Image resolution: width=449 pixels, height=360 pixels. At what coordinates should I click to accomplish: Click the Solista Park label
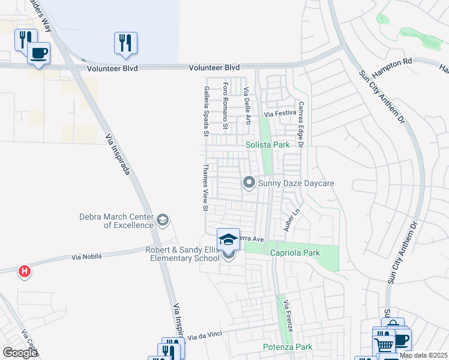coord(268,145)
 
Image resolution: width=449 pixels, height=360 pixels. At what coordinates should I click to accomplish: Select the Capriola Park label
coord(294,253)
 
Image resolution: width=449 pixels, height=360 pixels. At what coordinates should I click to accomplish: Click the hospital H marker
coord(24,272)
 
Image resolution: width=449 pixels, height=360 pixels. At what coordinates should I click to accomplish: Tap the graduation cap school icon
coord(228,240)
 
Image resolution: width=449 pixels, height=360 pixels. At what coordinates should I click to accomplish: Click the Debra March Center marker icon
coord(162,221)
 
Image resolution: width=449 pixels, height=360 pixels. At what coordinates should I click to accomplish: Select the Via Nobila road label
coord(86,257)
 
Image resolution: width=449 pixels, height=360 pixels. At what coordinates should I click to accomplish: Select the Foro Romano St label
coord(225,105)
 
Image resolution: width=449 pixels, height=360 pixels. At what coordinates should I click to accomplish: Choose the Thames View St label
coord(205,188)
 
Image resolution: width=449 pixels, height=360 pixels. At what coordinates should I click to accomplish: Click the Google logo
coord(20,352)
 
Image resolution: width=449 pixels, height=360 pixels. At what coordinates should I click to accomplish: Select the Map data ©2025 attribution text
coord(423,355)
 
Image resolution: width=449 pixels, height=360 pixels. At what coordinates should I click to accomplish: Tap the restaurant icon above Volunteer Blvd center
coord(125,43)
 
